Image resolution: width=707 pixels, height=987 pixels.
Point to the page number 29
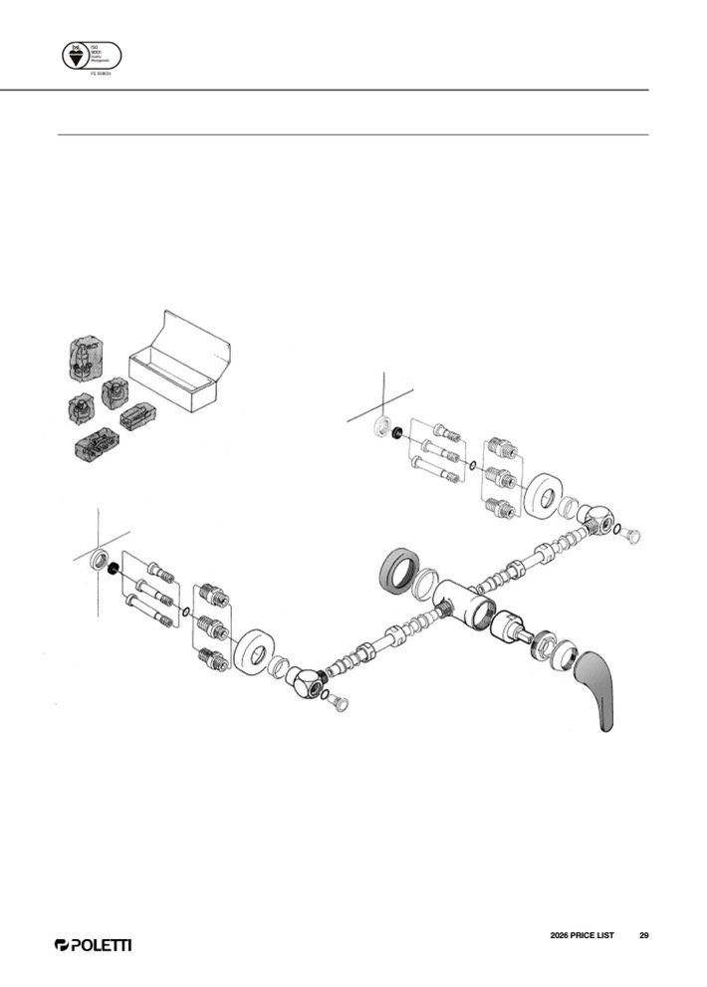tap(644, 935)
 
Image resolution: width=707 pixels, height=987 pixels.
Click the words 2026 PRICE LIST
tap(582, 935)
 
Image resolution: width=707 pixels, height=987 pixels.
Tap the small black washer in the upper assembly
tap(397, 433)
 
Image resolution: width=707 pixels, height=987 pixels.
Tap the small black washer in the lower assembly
tap(114, 569)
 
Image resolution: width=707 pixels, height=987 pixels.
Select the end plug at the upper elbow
tap(631, 536)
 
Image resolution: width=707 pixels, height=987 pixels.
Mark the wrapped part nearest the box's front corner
tap(137, 416)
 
